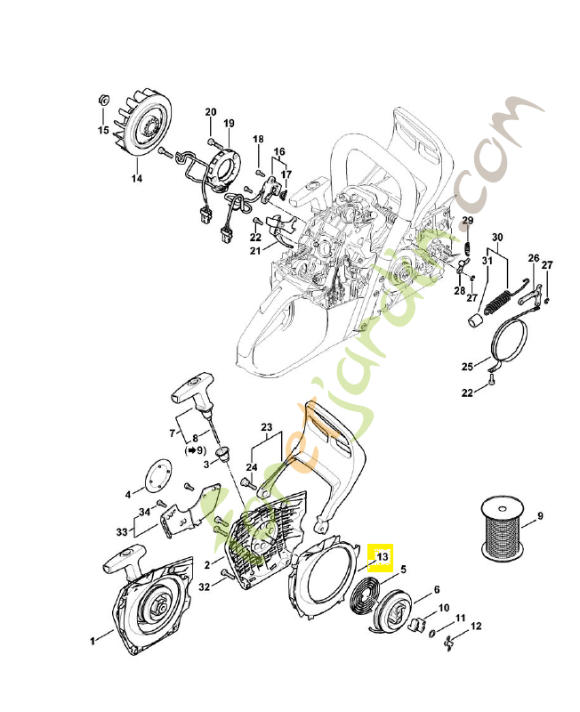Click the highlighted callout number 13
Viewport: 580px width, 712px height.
(382, 557)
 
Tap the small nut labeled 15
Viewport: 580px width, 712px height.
(102, 98)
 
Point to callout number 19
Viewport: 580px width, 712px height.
(229, 123)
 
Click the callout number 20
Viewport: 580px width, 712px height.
(211, 112)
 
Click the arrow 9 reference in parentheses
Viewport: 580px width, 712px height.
(197, 451)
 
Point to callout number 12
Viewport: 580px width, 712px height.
(476, 627)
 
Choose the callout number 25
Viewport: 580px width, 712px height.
(467, 366)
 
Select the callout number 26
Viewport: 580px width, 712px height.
(534, 259)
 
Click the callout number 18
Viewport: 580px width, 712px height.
(258, 140)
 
